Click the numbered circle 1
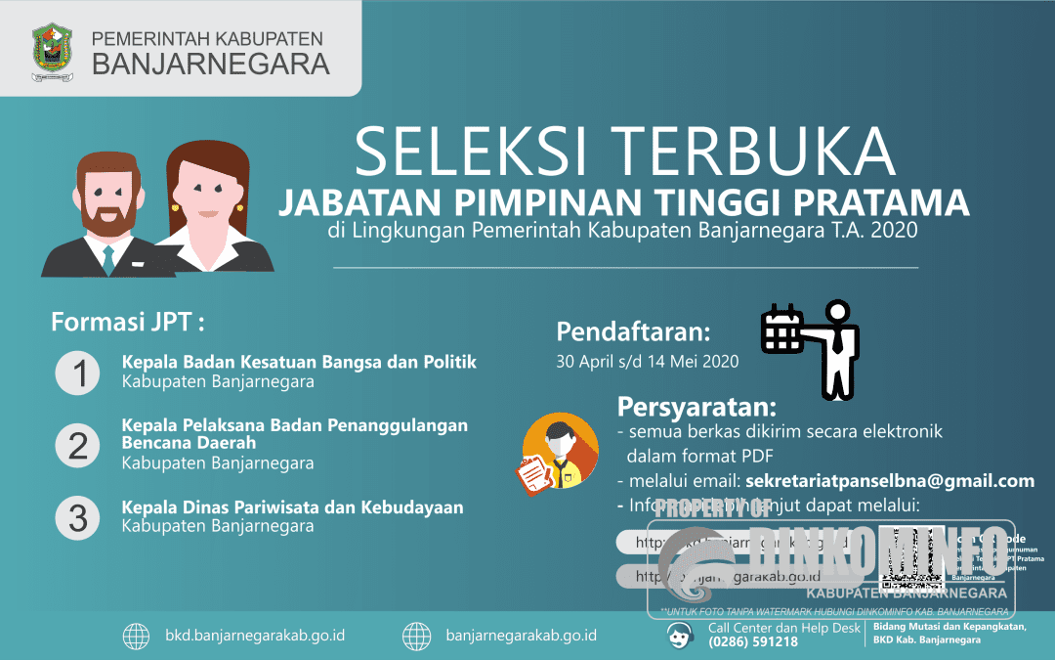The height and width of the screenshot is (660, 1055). pos(77,373)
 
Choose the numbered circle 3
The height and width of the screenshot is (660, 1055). pos(77,516)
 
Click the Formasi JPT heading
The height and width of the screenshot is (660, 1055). pos(128,322)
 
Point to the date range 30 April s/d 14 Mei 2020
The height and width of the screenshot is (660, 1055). pos(647,361)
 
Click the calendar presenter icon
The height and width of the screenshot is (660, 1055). pos(810,347)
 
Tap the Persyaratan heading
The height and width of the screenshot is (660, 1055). pos(696,407)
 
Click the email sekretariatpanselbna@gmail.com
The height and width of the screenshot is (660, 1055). pos(889,481)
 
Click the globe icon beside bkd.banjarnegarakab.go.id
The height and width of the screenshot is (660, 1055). pos(136,636)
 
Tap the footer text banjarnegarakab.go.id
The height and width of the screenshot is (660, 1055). pos(521,636)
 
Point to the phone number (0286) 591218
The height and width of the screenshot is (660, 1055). pos(753,642)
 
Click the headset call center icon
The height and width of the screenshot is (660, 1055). pos(680,636)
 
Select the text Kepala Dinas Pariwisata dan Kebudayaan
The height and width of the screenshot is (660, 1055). pos(292,507)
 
